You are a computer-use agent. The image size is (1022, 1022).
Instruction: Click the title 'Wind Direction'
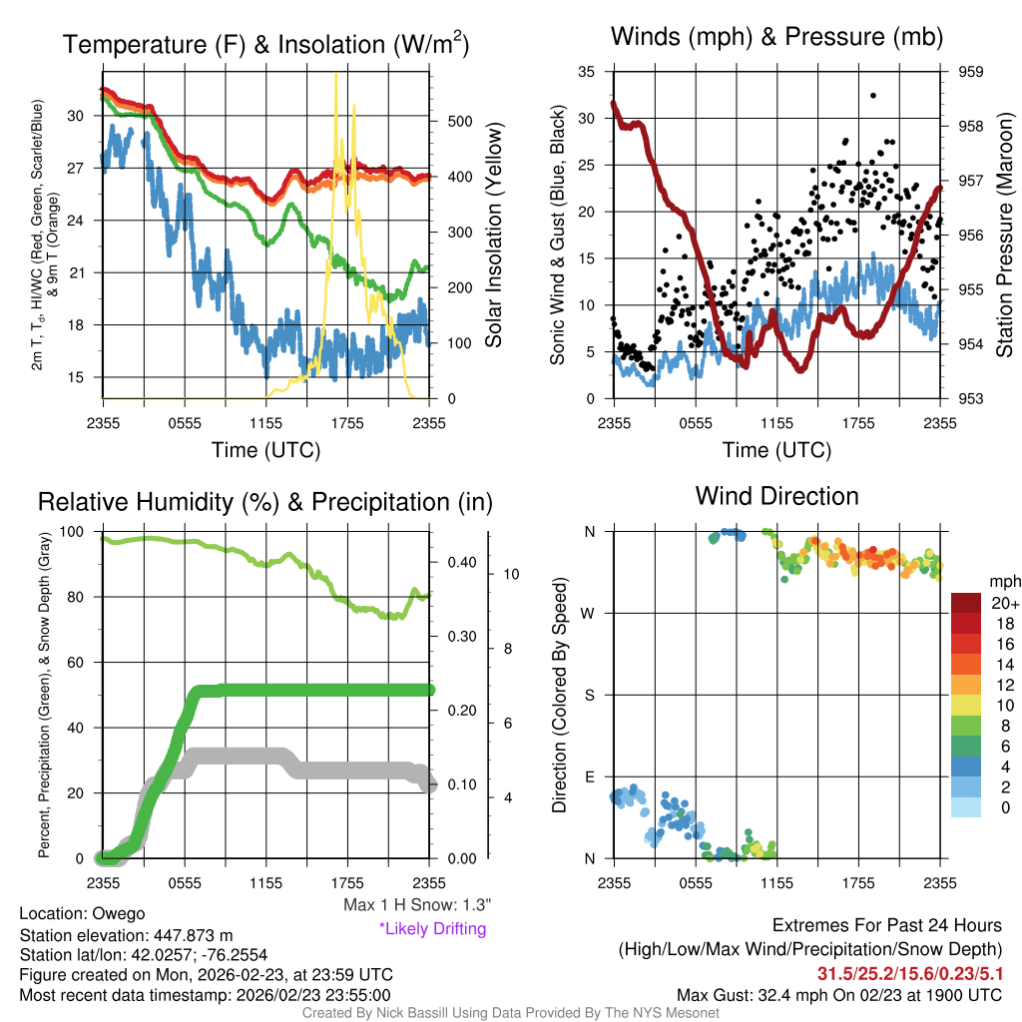tap(776, 496)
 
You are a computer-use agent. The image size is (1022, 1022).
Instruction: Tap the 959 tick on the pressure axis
tap(972, 72)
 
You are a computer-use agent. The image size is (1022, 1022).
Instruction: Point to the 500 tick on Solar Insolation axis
tap(458, 121)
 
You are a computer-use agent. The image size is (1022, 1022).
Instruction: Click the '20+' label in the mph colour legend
tap(1003, 603)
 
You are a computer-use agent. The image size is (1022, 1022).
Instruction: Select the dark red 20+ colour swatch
tap(967, 603)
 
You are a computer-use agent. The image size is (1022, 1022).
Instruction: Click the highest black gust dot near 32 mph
tap(872, 96)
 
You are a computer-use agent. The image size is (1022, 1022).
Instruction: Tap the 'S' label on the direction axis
tap(590, 695)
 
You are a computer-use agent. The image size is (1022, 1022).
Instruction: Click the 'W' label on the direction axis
tap(590, 613)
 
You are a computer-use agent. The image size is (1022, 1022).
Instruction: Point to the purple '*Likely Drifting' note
tap(432, 928)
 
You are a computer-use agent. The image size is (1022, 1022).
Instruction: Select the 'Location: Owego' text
tap(82, 914)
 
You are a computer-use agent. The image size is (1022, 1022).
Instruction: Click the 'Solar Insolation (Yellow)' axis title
tap(494, 235)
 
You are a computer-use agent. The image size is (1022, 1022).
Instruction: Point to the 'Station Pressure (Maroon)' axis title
tap(1005, 235)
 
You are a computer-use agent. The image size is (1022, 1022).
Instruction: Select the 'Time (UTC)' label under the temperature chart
tap(265, 450)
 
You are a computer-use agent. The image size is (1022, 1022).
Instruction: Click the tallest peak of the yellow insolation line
tap(335, 74)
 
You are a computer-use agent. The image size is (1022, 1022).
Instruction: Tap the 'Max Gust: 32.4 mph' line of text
tap(839, 994)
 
